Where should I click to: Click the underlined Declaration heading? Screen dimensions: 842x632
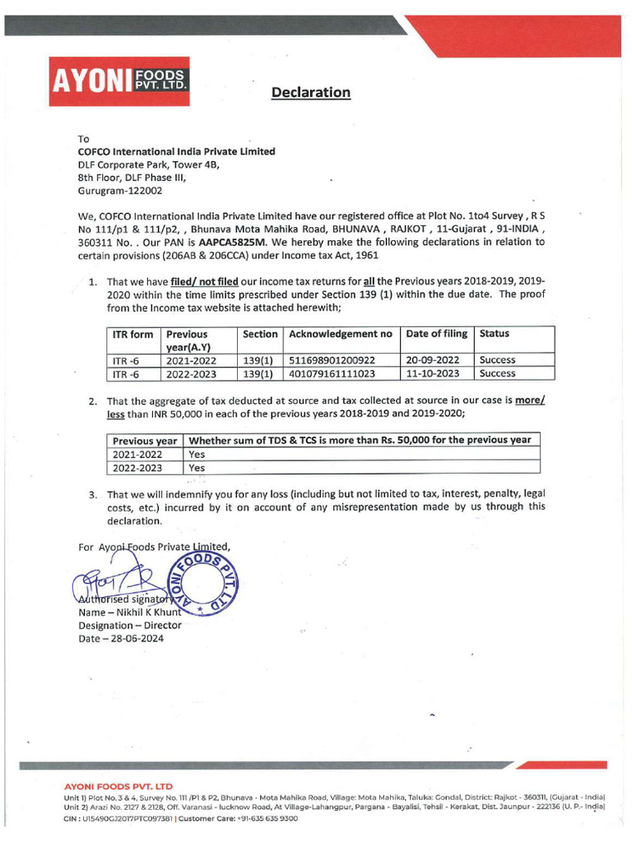coord(311,92)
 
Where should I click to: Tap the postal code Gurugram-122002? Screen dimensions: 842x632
coord(120,190)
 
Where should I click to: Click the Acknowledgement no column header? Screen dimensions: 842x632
coord(340,334)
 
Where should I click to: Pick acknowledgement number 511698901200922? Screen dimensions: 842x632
coord(332,360)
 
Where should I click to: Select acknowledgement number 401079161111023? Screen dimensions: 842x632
coord(332,373)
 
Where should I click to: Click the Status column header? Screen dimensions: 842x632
coord(495,334)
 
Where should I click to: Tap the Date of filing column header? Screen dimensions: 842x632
coord(436,334)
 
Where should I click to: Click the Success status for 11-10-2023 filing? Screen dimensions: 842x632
coord(497,373)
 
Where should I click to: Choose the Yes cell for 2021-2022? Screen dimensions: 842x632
coord(197,454)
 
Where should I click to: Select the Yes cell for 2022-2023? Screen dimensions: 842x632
coord(197,468)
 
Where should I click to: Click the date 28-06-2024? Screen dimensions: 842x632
coord(120,639)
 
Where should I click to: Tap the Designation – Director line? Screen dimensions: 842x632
coord(129,626)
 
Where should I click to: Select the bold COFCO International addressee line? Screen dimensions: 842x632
coord(176,151)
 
